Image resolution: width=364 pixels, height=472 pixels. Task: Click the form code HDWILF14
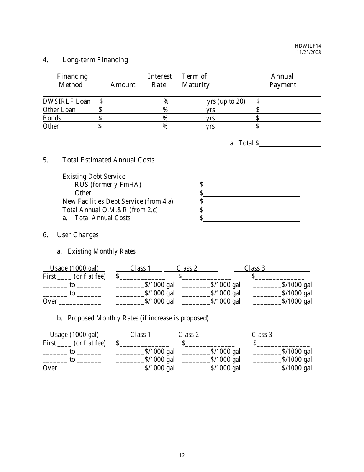click(x=308, y=46)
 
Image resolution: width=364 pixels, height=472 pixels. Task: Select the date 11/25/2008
click(x=308, y=52)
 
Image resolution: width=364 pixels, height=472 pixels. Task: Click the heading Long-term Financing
click(x=95, y=60)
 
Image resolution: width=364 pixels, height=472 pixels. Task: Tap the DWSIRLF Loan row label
click(x=67, y=101)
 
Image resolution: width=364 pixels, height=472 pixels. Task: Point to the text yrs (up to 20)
click(x=226, y=101)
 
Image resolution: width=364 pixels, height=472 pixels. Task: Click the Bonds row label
click(x=52, y=118)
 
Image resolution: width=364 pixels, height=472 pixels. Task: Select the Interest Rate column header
click(x=159, y=81)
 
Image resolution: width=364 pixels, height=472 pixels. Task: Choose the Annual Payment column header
click(x=282, y=81)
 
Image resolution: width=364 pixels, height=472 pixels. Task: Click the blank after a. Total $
click(x=290, y=144)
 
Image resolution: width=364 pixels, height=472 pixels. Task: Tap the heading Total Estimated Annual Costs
click(x=108, y=160)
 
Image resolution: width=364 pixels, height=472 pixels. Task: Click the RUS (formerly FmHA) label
click(x=108, y=185)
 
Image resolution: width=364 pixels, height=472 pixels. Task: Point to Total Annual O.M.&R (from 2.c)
click(x=110, y=210)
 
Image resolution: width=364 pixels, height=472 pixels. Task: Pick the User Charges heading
click(x=78, y=235)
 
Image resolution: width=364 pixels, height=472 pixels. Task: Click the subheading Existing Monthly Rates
click(x=102, y=251)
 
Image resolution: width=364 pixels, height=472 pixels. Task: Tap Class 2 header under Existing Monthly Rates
click(x=187, y=268)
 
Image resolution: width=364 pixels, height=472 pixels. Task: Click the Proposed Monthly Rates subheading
click(x=138, y=318)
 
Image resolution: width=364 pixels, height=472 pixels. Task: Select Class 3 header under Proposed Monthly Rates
click(x=262, y=335)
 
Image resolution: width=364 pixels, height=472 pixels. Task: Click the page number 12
click(x=182, y=455)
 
